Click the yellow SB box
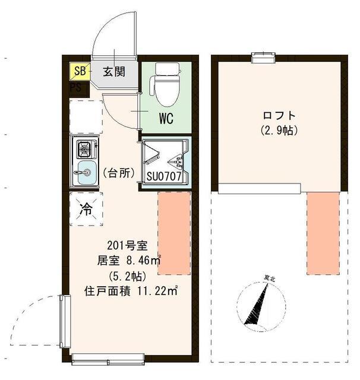click(x=79, y=72)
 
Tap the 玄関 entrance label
click(x=113, y=72)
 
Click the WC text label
click(x=165, y=118)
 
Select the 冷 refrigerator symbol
click(x=86, y=209)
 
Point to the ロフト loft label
click(x=278, y=115)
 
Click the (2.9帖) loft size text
click(x=278, y=129)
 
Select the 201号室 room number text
click(x=123, y=245)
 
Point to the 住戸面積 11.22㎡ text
click(x=131, y=290)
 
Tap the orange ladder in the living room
click(x=173, y=233)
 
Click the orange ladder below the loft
click(x=323, y=233)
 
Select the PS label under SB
click(x=75, y=87)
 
